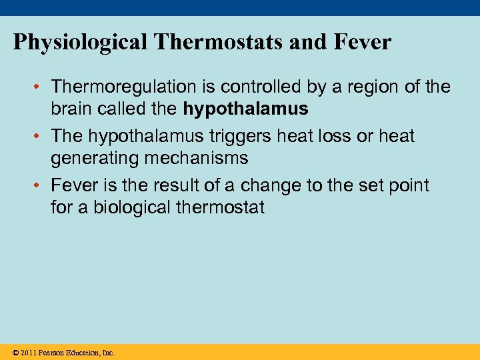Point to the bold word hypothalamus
coord(246,109)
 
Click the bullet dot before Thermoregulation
coord(39,87)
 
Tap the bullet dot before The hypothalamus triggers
coord(39,137)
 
